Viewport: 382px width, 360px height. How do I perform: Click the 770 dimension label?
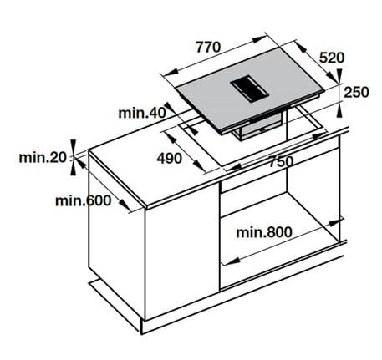coord(209,48)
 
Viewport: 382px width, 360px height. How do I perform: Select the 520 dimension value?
coord(332,58)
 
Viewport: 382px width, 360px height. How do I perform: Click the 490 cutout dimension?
coord(170,159)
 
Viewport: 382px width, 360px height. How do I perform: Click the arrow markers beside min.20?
coord(73,156)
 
